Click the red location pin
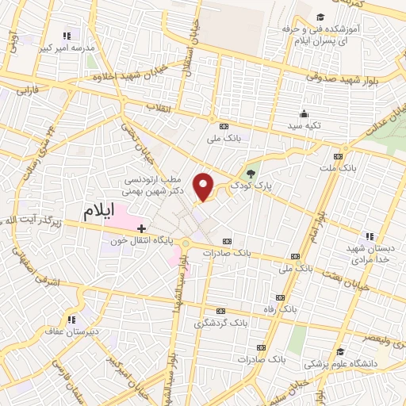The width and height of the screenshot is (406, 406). pos(205,186)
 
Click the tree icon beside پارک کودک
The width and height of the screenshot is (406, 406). pos(251,174)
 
